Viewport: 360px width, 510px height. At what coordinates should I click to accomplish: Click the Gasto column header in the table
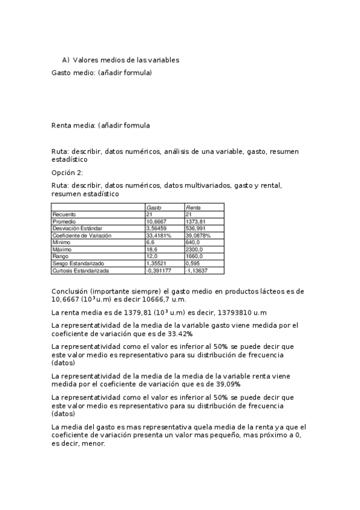[154, 207]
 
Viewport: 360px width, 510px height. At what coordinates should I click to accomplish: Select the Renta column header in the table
[193, 207]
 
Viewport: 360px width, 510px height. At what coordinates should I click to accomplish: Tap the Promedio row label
[64, 221]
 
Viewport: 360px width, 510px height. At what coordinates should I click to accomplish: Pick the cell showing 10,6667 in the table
[157, 221]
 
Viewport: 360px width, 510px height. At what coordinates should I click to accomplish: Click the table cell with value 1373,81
[197, 221]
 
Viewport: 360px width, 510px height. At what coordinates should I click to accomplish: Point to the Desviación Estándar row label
[77, 229]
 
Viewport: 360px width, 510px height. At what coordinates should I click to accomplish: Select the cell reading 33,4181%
[159, 236]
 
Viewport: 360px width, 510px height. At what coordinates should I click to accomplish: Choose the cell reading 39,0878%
[198, 236]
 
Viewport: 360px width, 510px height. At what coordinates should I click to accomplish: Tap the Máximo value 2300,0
[195, 250]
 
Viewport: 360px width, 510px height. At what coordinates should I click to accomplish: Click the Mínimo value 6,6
[150, 242]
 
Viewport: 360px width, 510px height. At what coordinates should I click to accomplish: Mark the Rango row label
[61, 257]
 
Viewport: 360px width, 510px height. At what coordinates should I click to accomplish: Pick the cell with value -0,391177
[159, 271]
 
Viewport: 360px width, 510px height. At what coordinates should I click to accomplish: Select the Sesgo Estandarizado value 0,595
[193, 264]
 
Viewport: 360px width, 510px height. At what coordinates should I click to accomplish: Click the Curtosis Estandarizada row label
[81, 271]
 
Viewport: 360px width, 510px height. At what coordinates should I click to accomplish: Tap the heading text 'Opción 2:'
[67, 173]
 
